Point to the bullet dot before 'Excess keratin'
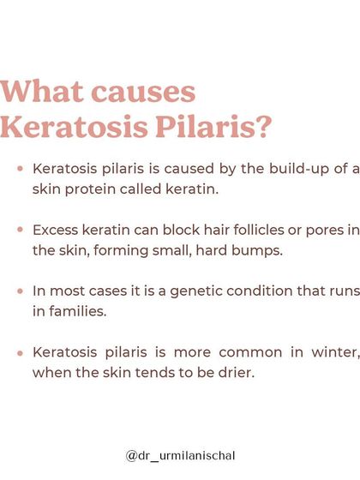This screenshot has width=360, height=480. [19, 231]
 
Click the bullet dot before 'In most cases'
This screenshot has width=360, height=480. [19, 291]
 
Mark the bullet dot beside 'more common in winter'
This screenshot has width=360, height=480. [19, 351]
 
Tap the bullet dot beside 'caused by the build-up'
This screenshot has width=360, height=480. [19, 170]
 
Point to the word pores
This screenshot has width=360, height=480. [321, 231]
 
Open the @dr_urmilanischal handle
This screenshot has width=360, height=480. [179, 455]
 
